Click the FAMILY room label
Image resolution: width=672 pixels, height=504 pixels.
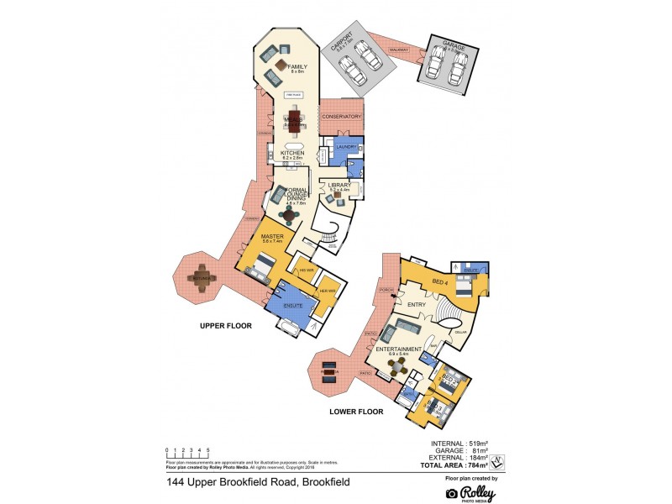[297, 66]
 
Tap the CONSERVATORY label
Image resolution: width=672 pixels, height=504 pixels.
[342, 117]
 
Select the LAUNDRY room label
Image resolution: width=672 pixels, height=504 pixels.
[346, 147]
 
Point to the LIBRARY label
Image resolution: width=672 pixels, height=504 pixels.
[340, 185]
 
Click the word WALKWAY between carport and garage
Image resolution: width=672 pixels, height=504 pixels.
[398, 50]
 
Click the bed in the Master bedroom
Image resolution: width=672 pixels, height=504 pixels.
[260, 268]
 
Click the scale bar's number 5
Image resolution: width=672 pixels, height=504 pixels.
[207, 451]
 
